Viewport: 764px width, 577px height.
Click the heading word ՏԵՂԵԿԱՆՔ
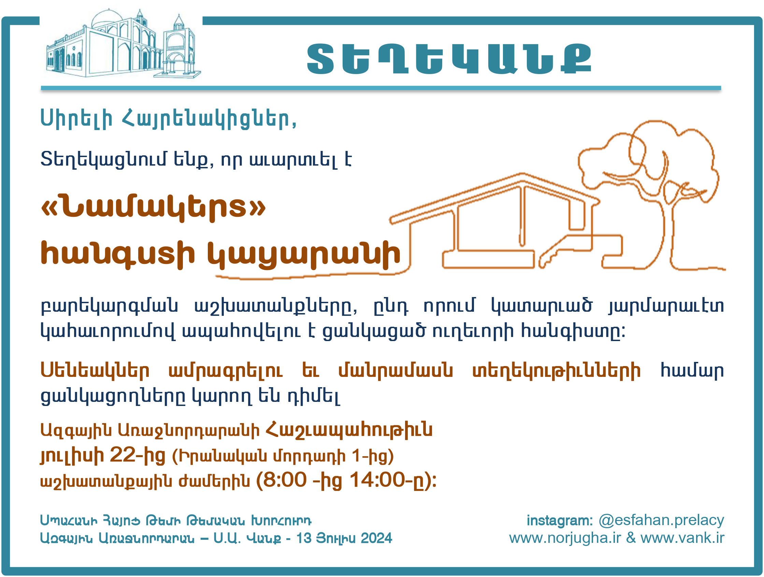click(449, 59)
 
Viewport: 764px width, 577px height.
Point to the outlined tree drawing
click(649, 194)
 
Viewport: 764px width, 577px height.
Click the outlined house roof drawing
click(494, 199)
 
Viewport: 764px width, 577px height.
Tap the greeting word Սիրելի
click(76, 118)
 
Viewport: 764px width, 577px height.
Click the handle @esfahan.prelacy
click(661, 520)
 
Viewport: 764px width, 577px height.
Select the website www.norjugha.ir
click(565, 538)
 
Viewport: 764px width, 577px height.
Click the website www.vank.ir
click(682, 538)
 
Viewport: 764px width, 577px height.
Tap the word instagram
click(560, 520)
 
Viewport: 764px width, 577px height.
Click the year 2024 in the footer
click(376, 538)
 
